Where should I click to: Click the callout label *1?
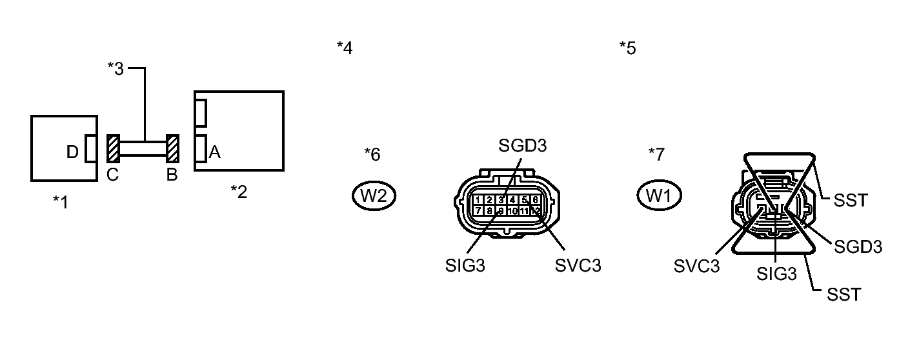point(60,203)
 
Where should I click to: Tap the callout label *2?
point(239,192)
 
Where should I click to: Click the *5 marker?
point(627,48)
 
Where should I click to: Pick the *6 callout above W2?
point(372,154)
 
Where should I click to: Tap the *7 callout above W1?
point(656,154)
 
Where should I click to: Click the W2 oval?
point(374,196)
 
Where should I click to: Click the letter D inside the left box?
point(73,152)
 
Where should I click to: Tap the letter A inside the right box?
point(215,152)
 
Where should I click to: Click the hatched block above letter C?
point(113,149)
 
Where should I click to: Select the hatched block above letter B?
point(172,149)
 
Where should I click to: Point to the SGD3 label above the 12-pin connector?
point(523,146)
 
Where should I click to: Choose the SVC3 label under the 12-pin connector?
point(578,266)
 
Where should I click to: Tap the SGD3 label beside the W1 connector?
point(858,246)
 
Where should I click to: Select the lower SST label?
point(844,295)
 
